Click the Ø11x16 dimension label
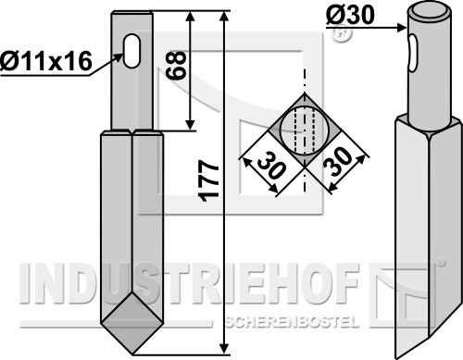pyautogui.click(x=46, y=61)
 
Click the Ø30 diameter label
pyautogui.click(x=350, y=16)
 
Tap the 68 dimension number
pyautogui.click(x=176, y=66)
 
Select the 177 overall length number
pyautogui.click(x=209, y=181)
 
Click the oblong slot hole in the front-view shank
pyautogui.click(x=131, y=51)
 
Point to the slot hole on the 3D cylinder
pyautogui.click(x=413, y=53)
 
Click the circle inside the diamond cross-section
pyautogui.click(x=305, y=130)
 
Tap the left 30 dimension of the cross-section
pyautogui.click(x=271, y=165)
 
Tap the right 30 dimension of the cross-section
pyautogui.click(x=338, y=162)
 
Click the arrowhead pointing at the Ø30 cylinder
pyautogui.click(x=402, y=28)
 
